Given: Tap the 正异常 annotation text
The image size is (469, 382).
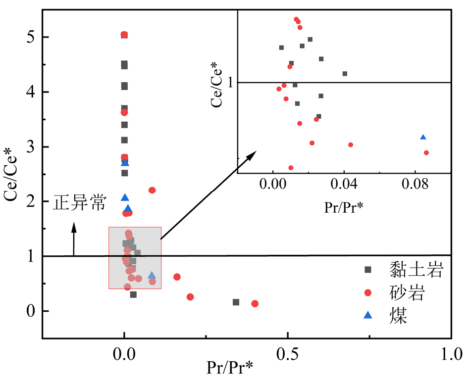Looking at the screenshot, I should tap(80, 203).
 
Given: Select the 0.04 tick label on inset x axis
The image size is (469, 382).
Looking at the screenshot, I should tap(344, 188).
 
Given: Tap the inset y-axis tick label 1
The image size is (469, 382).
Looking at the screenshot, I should tap(230, 83).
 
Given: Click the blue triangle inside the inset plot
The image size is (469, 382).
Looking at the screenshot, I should tap(423, 138).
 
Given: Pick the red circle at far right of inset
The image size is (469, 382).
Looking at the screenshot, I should tap(426, 152).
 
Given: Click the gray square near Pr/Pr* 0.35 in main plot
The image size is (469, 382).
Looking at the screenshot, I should tap(236, 302).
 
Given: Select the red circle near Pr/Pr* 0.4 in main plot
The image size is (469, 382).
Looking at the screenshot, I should tap(255, 303).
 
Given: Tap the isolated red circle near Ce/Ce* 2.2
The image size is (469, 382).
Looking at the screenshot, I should tap(152, 190).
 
